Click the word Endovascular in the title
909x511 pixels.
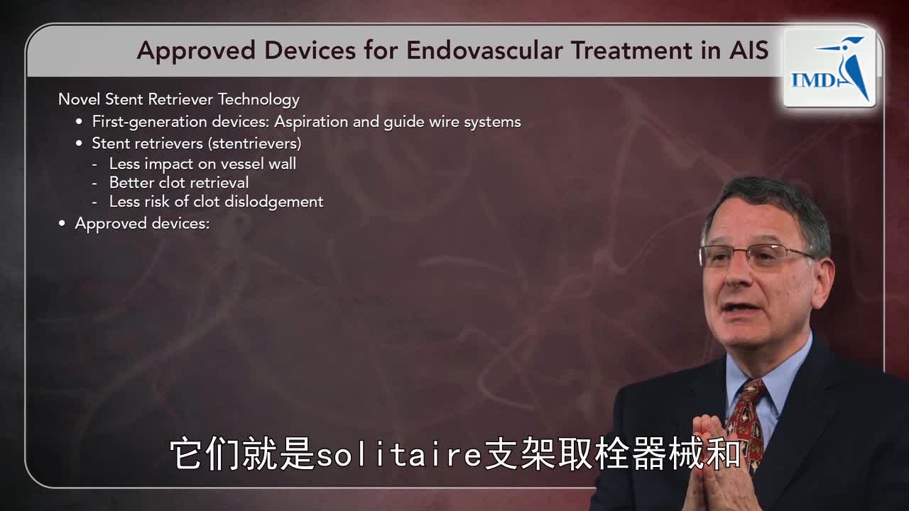(x=484, y=50)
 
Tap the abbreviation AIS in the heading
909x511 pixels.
(x=749, y=50)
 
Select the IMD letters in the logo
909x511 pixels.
(x=814, y=80)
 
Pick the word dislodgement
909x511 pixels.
(x=274, y=202)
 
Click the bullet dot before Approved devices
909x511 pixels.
(x=62, y=224)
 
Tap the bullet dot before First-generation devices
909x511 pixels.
(x=79, y=121)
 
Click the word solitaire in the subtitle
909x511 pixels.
(x=398, y=455)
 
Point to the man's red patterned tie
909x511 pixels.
(x=746, y=418)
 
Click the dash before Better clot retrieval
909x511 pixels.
(x=94, y=183)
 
